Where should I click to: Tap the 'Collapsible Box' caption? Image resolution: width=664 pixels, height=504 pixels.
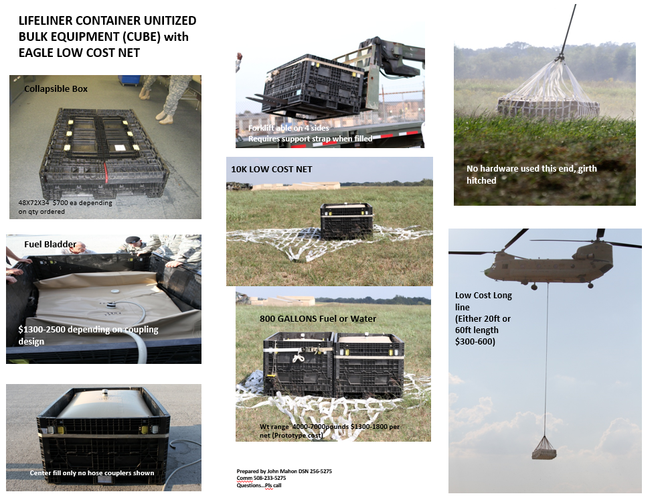tap(56, 89)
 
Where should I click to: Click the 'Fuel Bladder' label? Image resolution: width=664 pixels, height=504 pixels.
tap(50, 244)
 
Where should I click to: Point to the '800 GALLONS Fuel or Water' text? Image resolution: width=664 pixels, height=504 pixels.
tap(318, 318)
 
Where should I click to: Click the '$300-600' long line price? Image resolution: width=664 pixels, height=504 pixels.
tap(474, 341)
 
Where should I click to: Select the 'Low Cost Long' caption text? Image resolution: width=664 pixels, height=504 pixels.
tap(483, 296)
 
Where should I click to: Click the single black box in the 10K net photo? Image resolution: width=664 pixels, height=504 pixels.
tap(346, 220)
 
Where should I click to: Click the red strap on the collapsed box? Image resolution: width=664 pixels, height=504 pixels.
tap(105, 175)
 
